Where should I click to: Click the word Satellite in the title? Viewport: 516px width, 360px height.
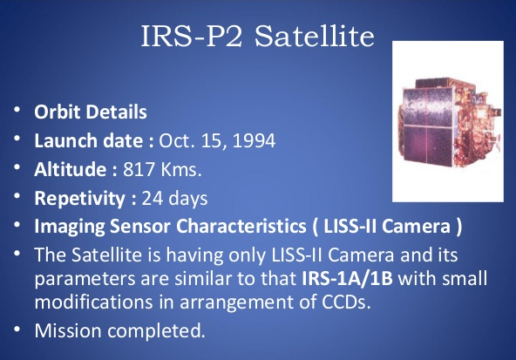point(315,36)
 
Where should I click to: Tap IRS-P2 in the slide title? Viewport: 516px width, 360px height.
point(192,36)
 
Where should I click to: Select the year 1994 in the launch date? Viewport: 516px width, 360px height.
point(254,140)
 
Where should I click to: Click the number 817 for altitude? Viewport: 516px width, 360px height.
point(139,169)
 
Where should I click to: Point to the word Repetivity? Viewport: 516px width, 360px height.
point(79,199)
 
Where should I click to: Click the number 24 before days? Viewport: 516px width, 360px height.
point(152,199)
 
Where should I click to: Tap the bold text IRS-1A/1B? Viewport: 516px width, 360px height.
point(347,278)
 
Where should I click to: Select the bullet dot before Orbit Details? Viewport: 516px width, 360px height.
point(17,110)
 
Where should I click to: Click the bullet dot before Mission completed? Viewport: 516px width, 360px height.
point(17,329)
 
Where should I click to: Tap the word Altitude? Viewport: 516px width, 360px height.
point(71,169)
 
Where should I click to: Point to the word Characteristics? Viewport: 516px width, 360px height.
point(241,227)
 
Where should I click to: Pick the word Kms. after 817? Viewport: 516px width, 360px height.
point(180,169)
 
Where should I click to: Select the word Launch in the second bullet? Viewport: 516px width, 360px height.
point(66,140)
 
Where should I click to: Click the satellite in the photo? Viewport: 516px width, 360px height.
point(450,122)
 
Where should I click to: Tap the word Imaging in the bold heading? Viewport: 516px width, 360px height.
point(70,227)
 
